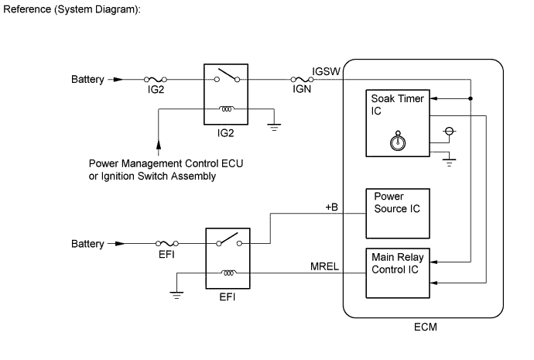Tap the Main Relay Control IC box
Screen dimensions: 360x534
coord(396,271)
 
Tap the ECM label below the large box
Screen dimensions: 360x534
coord(425,327)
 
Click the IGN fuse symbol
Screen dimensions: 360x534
coord(300,79)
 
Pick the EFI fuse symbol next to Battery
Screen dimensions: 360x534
coord(167,244)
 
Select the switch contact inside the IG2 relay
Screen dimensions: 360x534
coord(228,77)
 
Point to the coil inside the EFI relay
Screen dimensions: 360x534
coord(228,273)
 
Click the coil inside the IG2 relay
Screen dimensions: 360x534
coord(228,108)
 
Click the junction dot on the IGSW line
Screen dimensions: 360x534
coord(471,99)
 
